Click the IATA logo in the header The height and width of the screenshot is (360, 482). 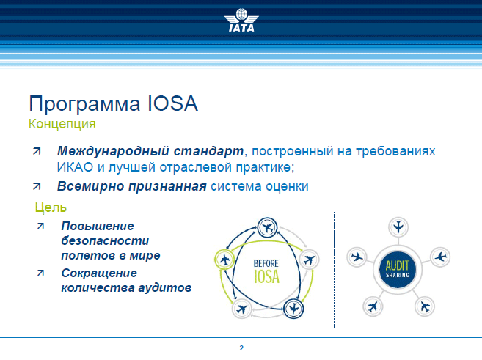[x=241, y=21]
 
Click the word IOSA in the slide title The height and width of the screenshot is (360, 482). [x=172, y=103]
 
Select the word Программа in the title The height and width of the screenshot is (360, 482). [x=84, y=104]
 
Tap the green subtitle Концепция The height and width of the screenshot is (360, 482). [x=62, y=125]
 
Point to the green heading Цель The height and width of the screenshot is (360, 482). [x=51, y=208]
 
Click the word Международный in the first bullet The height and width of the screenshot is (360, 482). [x=113, y=152]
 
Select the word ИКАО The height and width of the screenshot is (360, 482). [x=75, y=167]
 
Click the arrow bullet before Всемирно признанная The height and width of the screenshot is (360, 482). [x=37, y=186]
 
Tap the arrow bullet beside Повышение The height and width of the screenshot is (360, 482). [x=40, y=227]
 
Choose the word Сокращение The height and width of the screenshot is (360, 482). [x=99, y=273]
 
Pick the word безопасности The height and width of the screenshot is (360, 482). [x=105, y=240]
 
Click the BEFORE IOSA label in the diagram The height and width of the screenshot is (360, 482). [x=266, y=271]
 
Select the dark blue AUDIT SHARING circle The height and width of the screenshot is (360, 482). [x=398, y=270]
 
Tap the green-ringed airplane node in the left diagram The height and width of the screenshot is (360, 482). [x=224, y=260]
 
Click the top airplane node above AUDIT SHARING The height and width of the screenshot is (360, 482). [x=398, y=227]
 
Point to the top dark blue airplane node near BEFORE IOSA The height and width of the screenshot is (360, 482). [x=267, y=228]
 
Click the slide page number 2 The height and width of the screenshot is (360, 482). [x=241, y=348]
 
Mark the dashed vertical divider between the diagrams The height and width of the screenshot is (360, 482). [x=334, y=271]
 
